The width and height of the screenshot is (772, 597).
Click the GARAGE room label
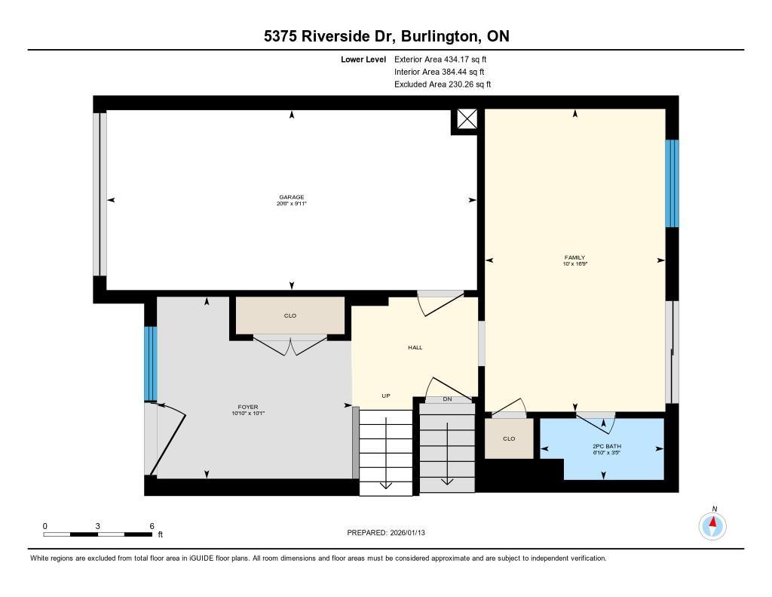(x=292, y=197)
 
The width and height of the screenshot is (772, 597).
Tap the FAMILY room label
(x=574, y=257)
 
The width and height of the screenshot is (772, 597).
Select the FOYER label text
(x=247, y=408)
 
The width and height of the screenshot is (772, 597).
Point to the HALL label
(x=415, y=347)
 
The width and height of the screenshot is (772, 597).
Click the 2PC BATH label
(x=607, y=446)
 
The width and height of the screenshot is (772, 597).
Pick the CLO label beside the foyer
(x=290, y=315)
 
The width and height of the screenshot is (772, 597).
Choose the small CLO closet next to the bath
(x=509, y=439)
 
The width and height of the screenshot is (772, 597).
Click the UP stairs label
(x=386, y=396)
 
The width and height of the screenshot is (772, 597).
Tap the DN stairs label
(x=447, y=399)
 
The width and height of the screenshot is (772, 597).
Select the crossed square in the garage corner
(x=466, y=118)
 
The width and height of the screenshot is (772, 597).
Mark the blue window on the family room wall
(x=672, y=183)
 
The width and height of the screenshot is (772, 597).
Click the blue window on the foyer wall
(x=150, y=364)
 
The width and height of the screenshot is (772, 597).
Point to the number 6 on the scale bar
(x=152, y=526)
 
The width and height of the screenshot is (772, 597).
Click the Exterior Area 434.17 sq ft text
(x=440, y=59)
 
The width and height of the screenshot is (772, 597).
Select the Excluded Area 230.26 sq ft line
(x=443, y=85)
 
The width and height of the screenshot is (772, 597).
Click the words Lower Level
(x=363, y=60)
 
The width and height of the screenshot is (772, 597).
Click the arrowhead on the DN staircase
(x=447, y=481)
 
